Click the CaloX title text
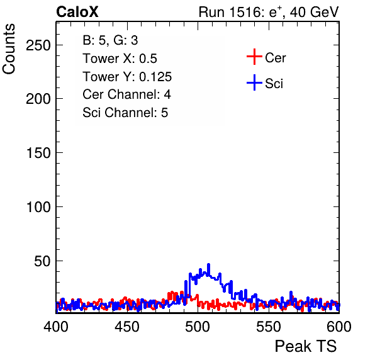[77, 12]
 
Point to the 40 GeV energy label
[314, 12]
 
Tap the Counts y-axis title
[9, 49]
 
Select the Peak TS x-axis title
[306, 346]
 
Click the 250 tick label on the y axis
[38, 45]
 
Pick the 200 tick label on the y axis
[38, 99]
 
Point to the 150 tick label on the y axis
[38, 152]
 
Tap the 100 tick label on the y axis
[38, 206]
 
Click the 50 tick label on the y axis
[42, 261]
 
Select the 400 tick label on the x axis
[56, 327]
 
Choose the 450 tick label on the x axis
[127, 327]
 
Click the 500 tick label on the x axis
[198, 327]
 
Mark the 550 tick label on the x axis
[269, 327]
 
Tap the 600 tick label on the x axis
[339, 327]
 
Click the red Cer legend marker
[254, 57]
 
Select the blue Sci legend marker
[254, 82]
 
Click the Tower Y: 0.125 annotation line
[127, 77]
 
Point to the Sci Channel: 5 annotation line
[125, 113]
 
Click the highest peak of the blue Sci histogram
[208, 264]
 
